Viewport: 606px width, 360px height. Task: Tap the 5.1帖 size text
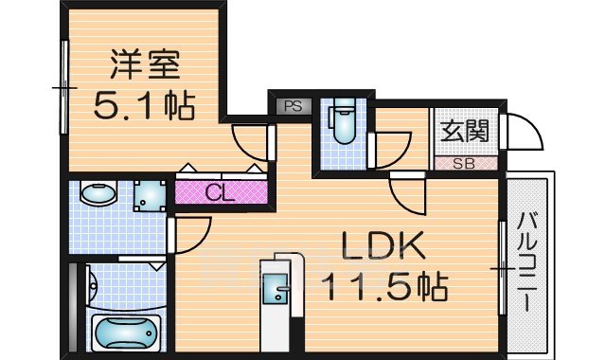point(144,105)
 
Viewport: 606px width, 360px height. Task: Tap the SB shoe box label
point(464,163)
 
